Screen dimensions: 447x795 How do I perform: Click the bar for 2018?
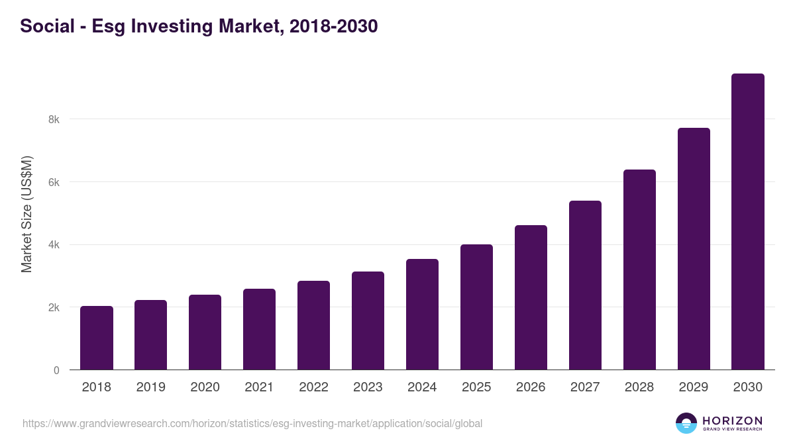97,338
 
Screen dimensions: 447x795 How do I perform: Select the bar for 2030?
747,222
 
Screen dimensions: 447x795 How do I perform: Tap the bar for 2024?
422,315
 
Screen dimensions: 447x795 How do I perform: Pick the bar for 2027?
585,285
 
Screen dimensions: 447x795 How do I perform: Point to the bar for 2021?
259,329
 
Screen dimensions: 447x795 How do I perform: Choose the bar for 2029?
693,249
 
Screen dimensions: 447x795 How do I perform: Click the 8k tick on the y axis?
54,120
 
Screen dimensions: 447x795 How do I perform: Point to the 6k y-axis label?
54,182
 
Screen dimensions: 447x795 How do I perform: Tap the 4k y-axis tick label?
54,245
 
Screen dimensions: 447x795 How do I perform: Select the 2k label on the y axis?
54,308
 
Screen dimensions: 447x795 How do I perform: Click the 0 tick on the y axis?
56,370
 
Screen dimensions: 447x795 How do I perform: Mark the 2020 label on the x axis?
205,387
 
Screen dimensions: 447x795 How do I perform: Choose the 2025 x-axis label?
476,387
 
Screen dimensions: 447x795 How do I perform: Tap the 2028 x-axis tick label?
639,387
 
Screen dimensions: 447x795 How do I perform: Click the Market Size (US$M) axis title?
26,214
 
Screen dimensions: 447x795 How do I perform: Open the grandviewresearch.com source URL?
252,423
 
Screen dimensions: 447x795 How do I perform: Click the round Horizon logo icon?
686,423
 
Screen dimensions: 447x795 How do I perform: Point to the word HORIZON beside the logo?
732,421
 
